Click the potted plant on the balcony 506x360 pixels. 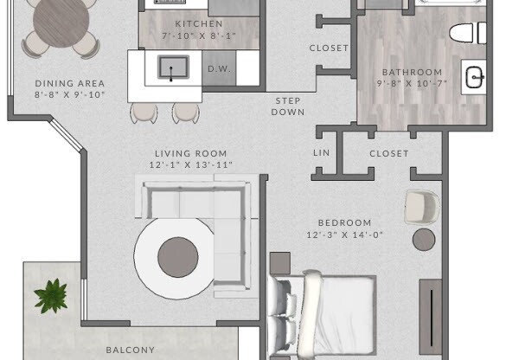50,295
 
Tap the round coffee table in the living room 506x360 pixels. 178,254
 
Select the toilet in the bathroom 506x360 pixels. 468,34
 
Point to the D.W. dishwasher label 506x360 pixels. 217,68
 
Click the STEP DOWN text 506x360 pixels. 288,106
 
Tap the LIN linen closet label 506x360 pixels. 322,153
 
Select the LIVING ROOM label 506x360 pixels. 190,153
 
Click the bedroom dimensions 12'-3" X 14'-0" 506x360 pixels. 344,235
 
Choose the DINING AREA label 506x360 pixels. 69,83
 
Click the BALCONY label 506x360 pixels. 130,350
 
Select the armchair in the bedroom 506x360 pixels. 421,206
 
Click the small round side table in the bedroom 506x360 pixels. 423,240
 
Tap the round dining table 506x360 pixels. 62,22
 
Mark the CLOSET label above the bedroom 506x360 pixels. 388,153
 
